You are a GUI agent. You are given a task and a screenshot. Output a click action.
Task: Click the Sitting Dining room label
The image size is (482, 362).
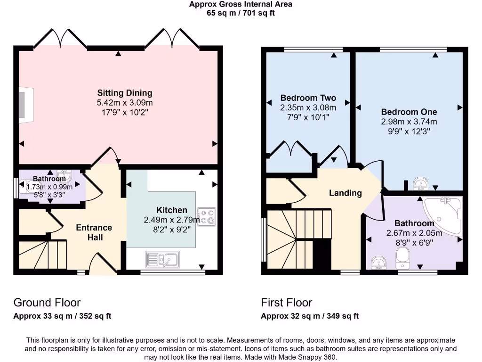tap(125, 93)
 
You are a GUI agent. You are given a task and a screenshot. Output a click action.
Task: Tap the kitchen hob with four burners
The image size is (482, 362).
tap(207, 216)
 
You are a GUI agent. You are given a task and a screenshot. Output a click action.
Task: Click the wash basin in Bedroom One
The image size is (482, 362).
tap(419, 183)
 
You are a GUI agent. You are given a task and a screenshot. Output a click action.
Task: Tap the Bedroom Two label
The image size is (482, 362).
tap(308, 98)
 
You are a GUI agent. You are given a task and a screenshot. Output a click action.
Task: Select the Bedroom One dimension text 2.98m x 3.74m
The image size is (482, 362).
tap(409, 122)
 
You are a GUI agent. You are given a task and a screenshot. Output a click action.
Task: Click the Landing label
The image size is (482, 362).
tap(345, 193)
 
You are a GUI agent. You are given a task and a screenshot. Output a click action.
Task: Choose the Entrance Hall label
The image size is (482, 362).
tap(94, 232)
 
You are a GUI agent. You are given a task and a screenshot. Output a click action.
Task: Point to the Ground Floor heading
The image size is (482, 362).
tap(47, 303)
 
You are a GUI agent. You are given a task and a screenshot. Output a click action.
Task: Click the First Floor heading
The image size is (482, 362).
tap(287, 303)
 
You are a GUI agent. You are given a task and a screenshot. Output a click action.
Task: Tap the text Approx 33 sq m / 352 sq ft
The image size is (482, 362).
tap(62, 316)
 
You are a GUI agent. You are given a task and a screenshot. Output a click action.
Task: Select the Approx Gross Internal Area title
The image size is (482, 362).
tap(241, 4)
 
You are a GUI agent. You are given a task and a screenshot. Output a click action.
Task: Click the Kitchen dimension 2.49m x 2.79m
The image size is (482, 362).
tap(172, 220)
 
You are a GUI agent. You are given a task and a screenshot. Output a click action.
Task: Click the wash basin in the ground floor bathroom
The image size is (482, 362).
tap(65, 176)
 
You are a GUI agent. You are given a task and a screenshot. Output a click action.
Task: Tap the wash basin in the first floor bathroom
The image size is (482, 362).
tap(378, 263)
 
